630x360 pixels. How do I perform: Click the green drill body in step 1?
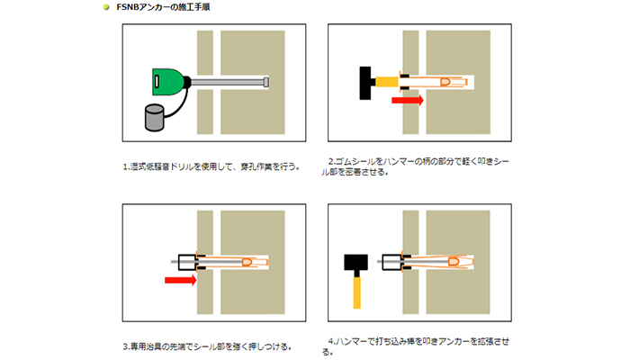[167, 82]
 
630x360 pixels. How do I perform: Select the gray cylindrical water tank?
[155, 118]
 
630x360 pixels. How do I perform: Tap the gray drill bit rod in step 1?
[229, 83]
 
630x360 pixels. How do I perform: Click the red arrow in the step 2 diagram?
[408, 100]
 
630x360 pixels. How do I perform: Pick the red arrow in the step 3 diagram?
[180, 280]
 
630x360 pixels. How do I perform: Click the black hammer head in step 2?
[365, 83]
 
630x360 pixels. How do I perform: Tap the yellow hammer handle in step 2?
[386, 83]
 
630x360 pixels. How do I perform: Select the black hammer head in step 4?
[356, 263]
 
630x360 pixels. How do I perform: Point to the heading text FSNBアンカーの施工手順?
[163, 7]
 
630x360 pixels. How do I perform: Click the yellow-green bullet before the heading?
[106, 7]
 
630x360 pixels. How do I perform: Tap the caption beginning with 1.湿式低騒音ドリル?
[211, 166]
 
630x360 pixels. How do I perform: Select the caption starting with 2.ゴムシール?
[416, 166]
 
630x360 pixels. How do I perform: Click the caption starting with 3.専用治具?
[207, 346]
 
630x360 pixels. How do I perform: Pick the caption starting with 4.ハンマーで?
[416, 346]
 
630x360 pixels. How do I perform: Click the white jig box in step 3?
[187, 262]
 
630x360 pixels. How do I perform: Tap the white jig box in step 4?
[391, 262]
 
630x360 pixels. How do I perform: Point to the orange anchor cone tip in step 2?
[445, 82]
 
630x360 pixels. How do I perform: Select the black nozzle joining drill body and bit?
[186, 82]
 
